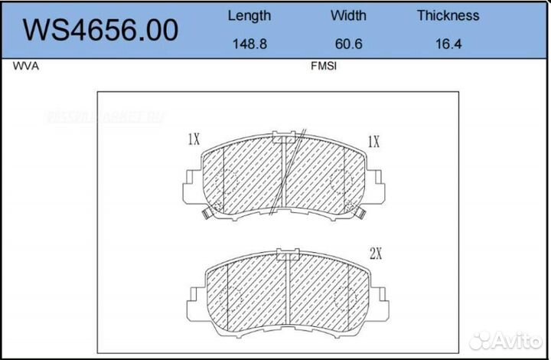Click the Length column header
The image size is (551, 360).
[249, 15]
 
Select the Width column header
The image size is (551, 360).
[348, 15]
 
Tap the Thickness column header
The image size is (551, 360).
[448, 15]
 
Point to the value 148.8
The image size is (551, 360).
[249, 44]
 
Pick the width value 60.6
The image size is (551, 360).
[348, 44]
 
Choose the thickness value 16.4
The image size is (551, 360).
[448, 44]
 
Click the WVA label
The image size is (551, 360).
[25, 67]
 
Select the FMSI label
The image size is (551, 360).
[324, 67]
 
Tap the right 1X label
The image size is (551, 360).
[373, 142]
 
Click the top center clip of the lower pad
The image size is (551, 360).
[288, 253]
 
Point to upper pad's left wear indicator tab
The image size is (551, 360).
[206, 214]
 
